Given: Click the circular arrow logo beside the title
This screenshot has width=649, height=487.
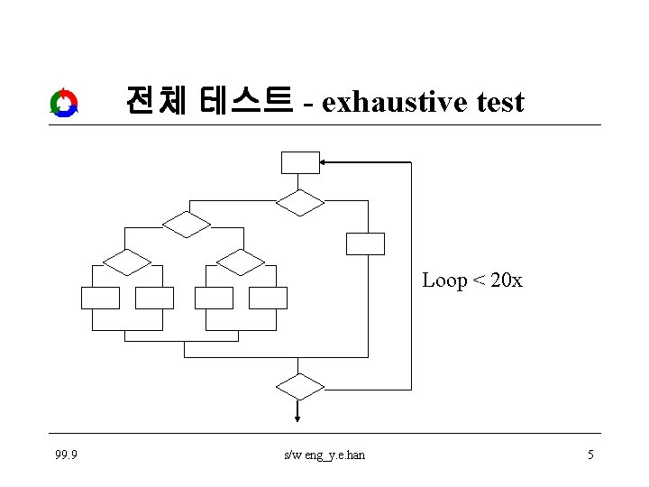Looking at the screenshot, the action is [64, 103].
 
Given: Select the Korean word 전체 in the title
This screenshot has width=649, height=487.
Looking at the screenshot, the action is [156, 100].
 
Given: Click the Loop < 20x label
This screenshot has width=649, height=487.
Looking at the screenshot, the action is [471, 280].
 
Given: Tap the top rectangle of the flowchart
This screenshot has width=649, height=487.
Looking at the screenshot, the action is [300, 162].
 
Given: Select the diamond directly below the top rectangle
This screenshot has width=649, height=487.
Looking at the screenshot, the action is [299, 202].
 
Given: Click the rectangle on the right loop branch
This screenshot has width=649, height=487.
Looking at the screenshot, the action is [365, 243].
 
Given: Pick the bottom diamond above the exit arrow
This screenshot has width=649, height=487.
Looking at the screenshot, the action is [299, 387].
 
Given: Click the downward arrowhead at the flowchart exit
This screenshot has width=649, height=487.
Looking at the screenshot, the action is [298, 416].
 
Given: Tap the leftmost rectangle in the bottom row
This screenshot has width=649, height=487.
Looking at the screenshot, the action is [99, 298].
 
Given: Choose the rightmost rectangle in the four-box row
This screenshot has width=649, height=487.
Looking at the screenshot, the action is [268, 298].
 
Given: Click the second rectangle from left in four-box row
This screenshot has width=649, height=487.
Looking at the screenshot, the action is [153, 298].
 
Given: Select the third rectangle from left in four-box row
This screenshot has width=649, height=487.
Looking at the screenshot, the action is [214, 298].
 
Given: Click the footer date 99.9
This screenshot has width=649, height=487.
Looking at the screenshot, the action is [66, 455].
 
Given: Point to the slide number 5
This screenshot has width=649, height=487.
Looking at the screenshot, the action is [590, 455].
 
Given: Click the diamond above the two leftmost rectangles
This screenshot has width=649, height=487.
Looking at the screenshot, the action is [127, 262].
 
